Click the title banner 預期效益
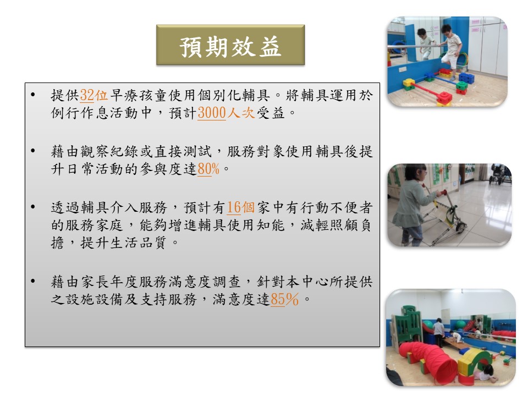tap(230, 45)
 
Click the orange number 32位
tap(94, 95)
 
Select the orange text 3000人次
tap(226, 113)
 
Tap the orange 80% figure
tap(208, 169)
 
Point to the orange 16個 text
tap(240, 207)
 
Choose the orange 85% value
tap(284, 299)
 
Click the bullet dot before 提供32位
tap(32, 95)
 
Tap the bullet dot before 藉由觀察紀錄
tap(32, 151)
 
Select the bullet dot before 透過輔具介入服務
tap(32, 207)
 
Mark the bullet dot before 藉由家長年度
tap(32, 281)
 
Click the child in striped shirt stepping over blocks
tap(451, 50)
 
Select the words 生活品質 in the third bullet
tap(139, 243)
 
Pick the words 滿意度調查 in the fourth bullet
tap(205, 282)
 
